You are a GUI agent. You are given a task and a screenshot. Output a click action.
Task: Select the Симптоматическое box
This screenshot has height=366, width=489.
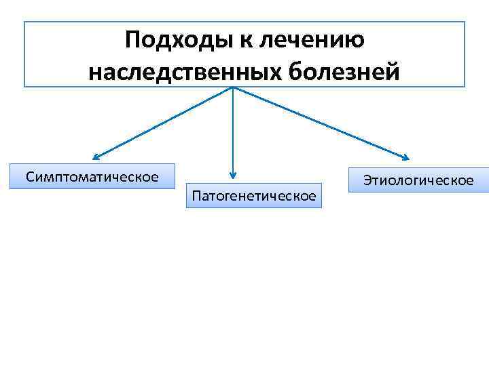click(92, 177)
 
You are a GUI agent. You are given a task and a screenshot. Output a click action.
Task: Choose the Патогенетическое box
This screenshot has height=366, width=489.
click(254, 196)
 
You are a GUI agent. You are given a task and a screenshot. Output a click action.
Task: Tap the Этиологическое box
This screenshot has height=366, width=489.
click(418, 180)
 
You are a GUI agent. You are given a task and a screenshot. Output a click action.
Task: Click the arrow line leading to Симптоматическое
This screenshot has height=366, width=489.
click(163, 123)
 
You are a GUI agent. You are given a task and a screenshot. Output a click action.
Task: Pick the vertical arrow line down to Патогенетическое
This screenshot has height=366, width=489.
click(233, 132)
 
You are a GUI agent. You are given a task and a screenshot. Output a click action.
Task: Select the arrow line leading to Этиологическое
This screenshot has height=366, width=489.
click(319, 123)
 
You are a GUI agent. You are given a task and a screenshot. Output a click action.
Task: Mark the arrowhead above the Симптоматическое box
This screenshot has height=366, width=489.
click(96, 157)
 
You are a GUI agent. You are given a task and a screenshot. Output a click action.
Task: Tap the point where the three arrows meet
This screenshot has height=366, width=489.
click(233, 88)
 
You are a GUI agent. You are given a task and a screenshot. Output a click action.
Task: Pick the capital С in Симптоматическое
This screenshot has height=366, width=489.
click(30, 177)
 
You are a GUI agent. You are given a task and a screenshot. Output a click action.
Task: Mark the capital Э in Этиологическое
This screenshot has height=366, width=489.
click(367, 180)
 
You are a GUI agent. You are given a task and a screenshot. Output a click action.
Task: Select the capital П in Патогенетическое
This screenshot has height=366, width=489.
click(197, 196)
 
